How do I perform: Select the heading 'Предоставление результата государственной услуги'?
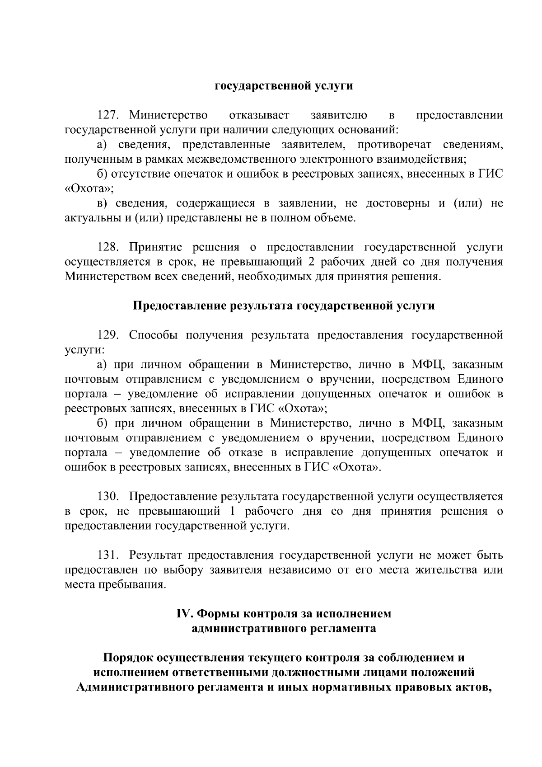(284, 306)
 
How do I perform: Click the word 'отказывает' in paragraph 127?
(259, 115)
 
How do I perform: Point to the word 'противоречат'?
(394, 145)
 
